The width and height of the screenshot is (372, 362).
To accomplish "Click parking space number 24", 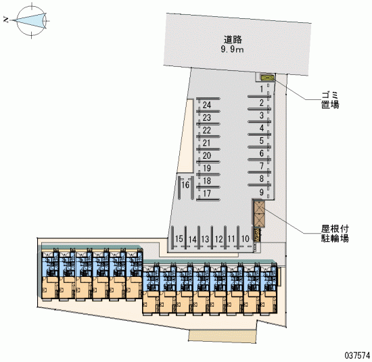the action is (207, 105).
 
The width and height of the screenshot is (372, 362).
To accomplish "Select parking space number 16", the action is (185, 184).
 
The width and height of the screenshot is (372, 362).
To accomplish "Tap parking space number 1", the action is (262, 89).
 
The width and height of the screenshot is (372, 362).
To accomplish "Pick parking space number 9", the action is (262, 192).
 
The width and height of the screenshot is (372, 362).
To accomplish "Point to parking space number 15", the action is (179, 238).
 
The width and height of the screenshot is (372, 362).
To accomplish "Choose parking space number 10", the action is (246, 238).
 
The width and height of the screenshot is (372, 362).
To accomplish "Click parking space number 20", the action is (207, 155).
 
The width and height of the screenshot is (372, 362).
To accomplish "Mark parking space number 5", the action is (262, 140).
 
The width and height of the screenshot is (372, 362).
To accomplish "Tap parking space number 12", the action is (219, 239).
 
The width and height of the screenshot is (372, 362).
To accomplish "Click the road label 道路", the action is (233, 40).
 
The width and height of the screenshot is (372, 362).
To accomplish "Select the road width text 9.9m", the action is (232, 49).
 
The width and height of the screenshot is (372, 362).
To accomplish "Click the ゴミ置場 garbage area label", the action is (330, 100).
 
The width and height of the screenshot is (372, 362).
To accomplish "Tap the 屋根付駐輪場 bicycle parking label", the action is (335, 234).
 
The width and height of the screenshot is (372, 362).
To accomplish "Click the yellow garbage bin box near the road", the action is (267, 78).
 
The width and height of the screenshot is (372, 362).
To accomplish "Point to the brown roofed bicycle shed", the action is (259, 214).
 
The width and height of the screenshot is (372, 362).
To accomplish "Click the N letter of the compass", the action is (6, 20).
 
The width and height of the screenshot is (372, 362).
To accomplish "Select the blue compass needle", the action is (28, 21).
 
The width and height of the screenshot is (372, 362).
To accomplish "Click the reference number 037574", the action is (357, 355).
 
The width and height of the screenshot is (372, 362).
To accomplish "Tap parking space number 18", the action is (207, 181).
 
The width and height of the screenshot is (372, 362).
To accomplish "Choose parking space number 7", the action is (262, 166).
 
